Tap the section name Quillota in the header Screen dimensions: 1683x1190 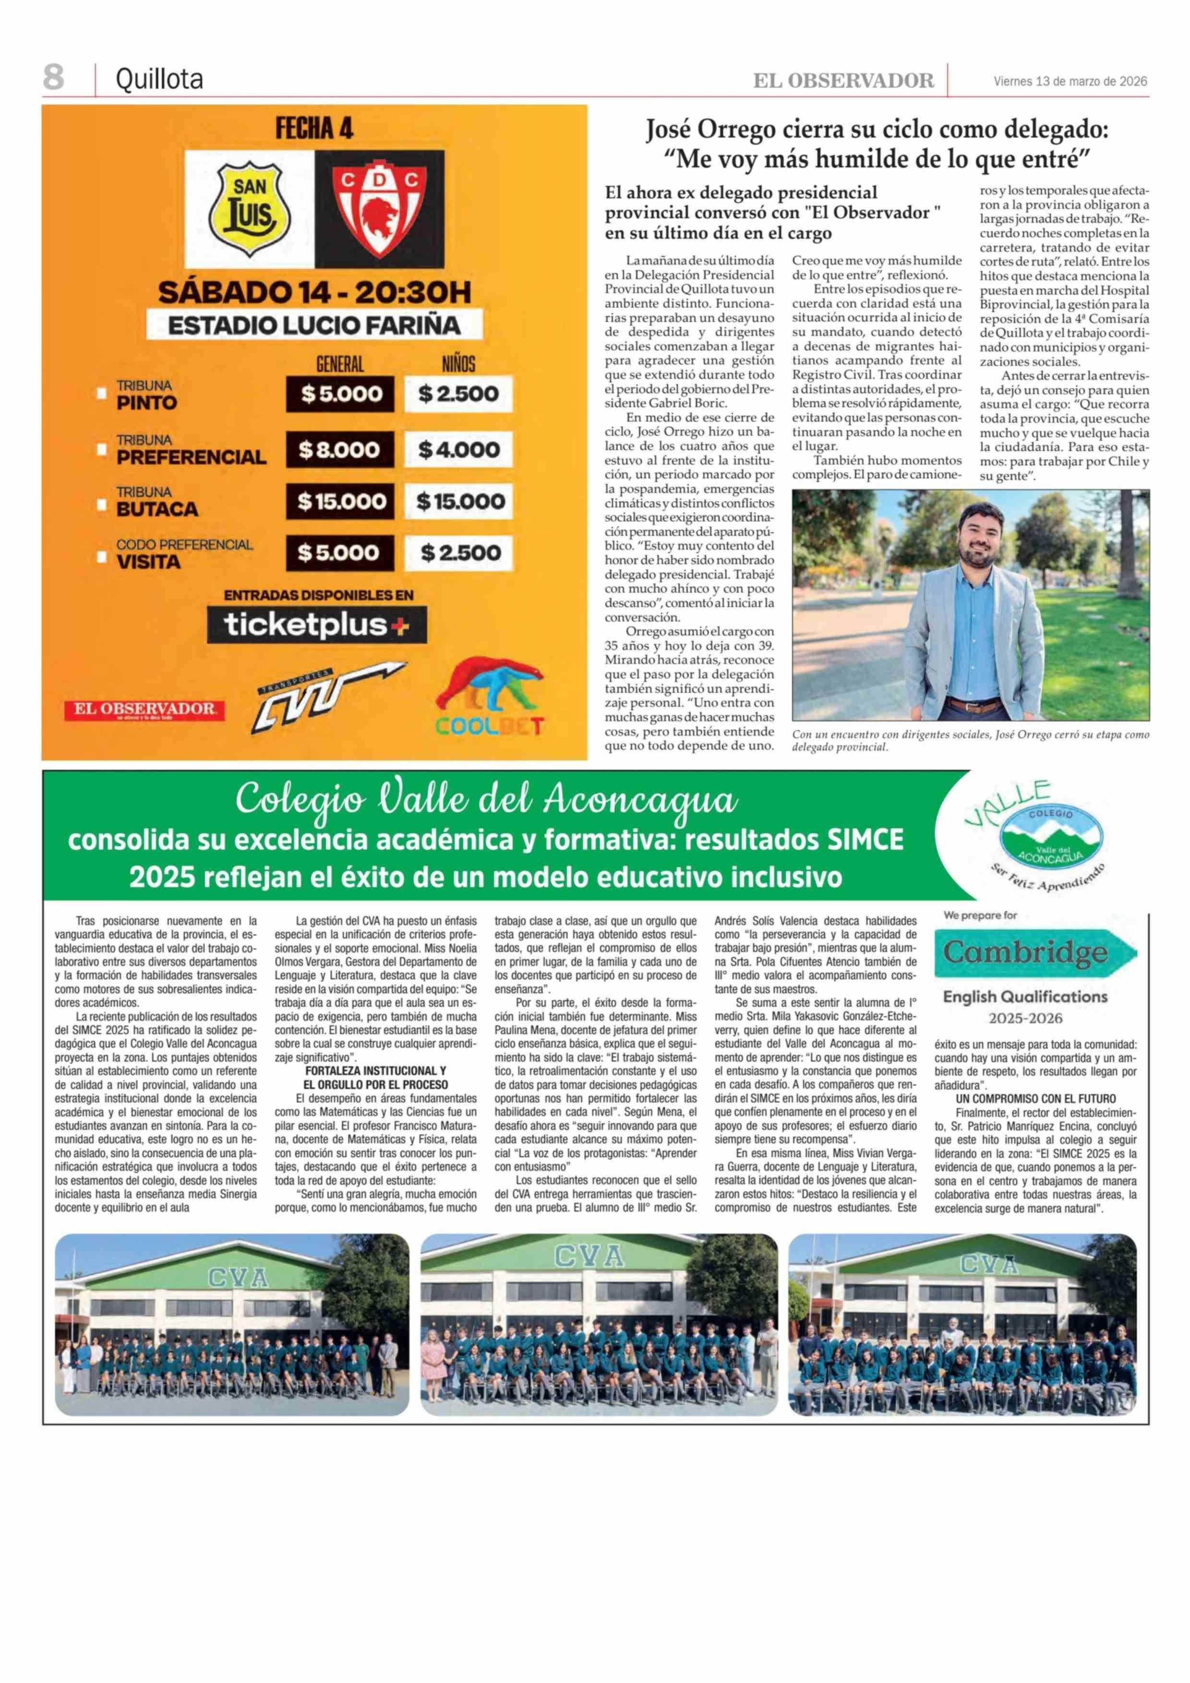[x=159, y=79]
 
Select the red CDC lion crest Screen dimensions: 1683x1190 [x=379, y=210]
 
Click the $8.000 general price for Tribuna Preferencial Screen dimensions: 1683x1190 [x=339, y=450]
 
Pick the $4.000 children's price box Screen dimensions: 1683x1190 [x=459, y=450]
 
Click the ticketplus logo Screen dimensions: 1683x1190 [x=316, y=625]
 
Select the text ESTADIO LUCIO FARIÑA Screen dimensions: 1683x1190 [x=314, y=325]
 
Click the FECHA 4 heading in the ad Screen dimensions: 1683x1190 [x=314, y=129]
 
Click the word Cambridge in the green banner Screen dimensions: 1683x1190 [x=1024, y=952]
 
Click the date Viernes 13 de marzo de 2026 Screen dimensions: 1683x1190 [x=1070, y=82]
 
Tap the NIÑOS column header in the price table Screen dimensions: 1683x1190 [x=458, y=364]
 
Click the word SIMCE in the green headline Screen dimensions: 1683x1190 [x=865, y=839]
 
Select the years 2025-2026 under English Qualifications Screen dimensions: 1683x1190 [x=1025, y=1018]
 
